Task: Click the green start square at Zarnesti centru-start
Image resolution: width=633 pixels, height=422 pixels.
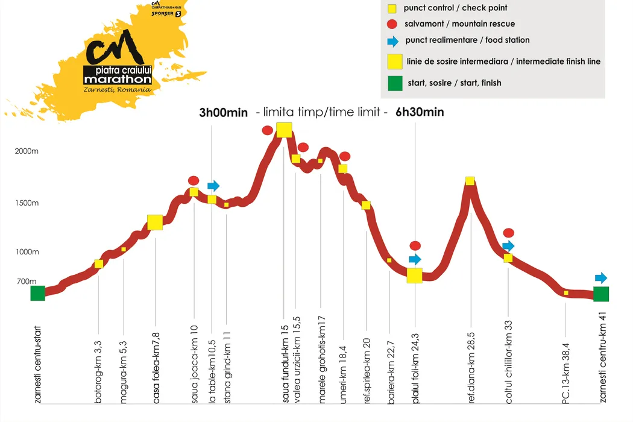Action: click(38, 293)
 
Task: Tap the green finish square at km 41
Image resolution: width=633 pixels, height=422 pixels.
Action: click(601, 294)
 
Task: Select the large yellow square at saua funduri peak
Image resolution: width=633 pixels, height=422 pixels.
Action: click(284, 130)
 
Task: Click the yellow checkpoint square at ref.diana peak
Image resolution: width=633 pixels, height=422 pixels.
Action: click(470, 181)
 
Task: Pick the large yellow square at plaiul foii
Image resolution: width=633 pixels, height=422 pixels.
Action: click(415, 276)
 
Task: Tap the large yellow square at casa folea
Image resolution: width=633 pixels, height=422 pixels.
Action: click(155, 222)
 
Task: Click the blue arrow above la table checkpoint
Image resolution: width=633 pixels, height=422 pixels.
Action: click(213, 186)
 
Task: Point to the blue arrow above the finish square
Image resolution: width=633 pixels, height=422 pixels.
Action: click(601, 278)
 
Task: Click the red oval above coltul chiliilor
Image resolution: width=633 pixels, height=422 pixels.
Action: click(509, 233)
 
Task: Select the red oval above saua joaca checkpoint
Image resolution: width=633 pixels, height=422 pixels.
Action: click(194, 180)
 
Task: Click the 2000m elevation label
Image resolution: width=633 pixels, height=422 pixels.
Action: click(27, 151)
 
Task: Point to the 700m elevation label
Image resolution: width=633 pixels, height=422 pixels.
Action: click(26, 282)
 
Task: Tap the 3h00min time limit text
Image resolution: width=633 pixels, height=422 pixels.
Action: click(223, 113)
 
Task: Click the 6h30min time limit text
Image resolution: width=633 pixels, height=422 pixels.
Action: click(420, 113)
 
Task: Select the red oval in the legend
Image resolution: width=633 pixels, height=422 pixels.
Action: click(392, 25)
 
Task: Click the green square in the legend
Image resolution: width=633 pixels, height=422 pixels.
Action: click(395, 83)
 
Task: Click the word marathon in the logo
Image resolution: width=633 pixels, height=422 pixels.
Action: click(118, 80)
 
